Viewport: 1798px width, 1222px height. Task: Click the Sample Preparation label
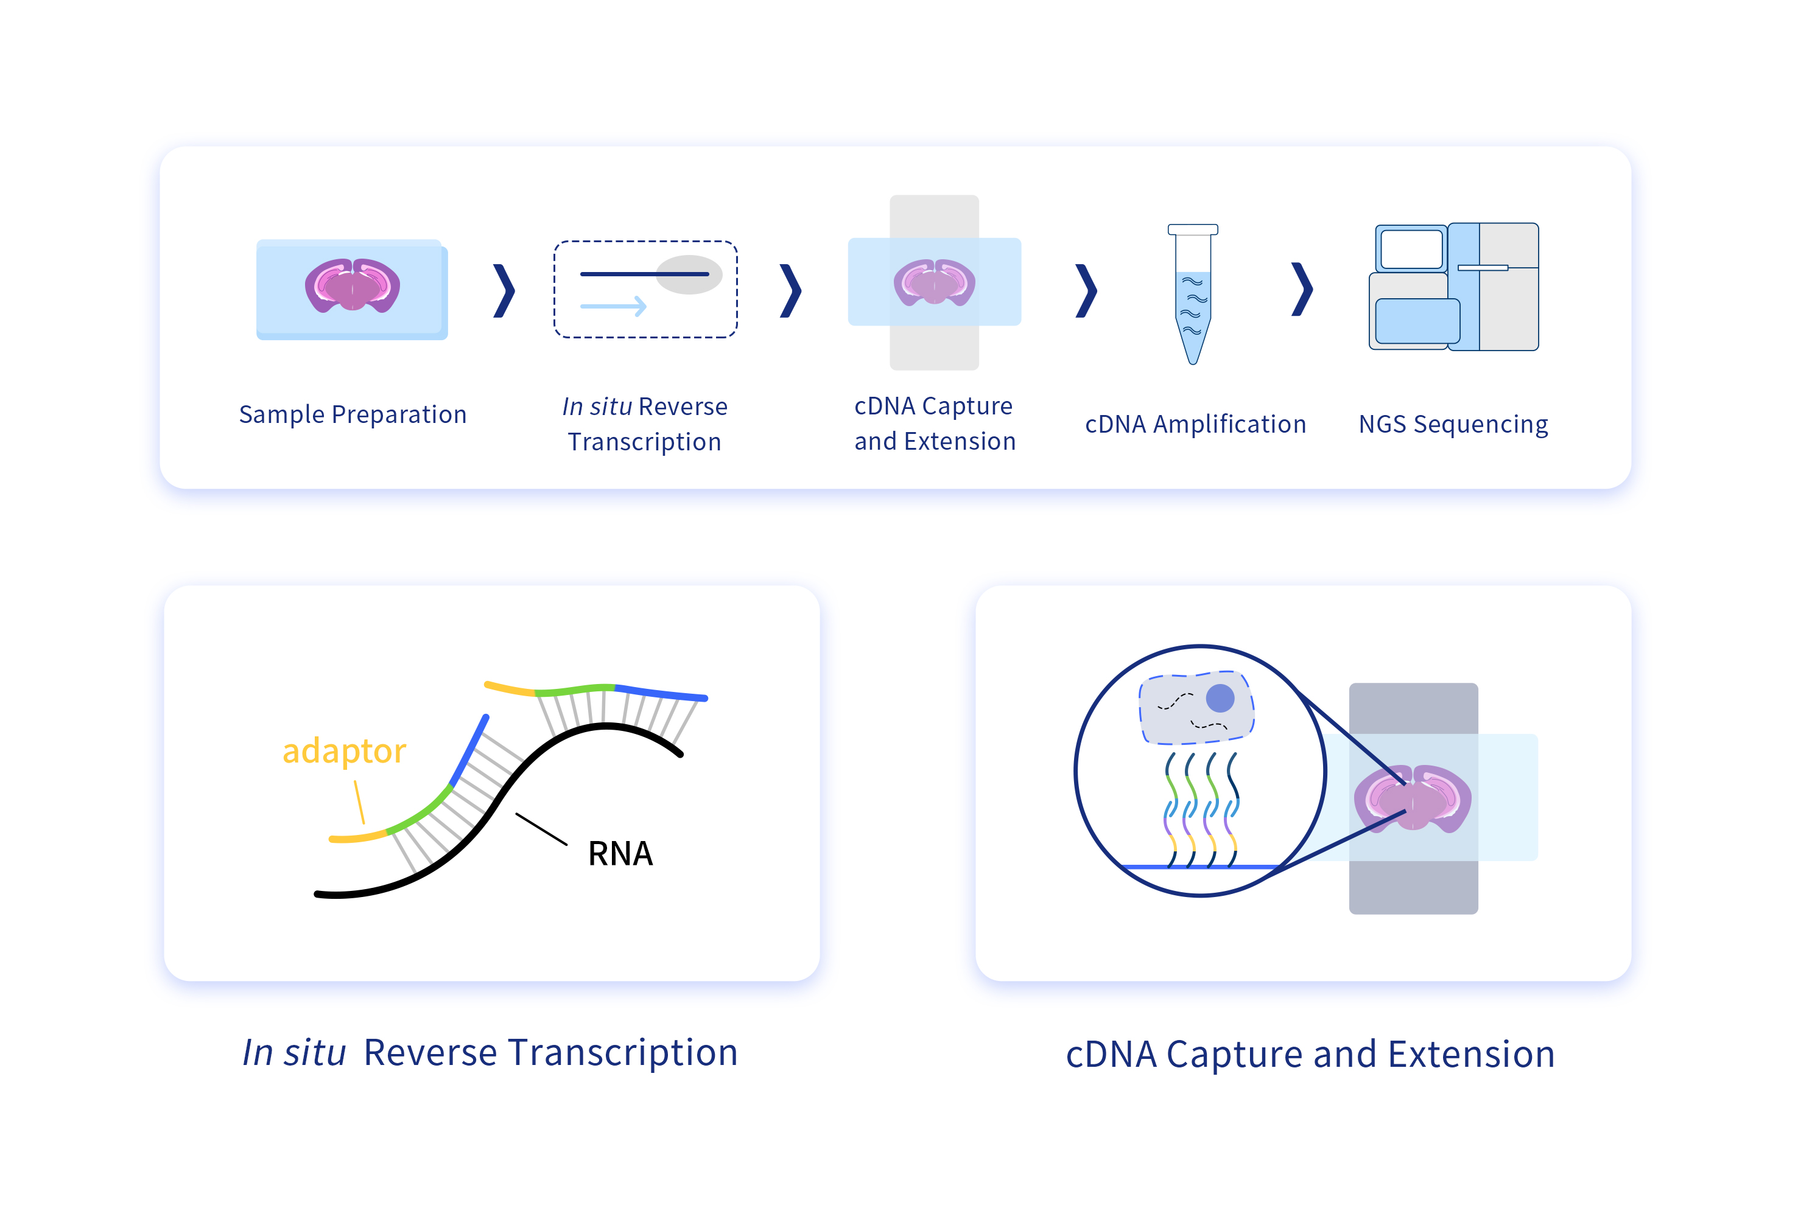click(353, 414)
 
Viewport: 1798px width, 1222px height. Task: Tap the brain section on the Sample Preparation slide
click(352, 285)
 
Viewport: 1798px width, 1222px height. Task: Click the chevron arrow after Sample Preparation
click(504, 291)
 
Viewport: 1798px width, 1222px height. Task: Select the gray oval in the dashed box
click(689, 274)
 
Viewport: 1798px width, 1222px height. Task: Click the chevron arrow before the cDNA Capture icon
click(791, 291)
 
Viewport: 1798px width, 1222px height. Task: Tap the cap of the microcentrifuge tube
click(1192, 229)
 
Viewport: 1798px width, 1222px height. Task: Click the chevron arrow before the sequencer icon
click(1303, 289)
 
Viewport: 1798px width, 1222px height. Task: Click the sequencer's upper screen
click(1411, 249)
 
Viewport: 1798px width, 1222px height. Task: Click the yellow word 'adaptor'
click(344, 751)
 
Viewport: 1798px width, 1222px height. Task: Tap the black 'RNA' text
click(620, 854)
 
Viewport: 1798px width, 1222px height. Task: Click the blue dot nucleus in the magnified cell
click(1220, 697)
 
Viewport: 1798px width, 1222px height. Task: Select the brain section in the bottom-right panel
click(1413, 798)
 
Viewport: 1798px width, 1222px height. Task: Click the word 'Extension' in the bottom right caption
click(1472, 1054)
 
